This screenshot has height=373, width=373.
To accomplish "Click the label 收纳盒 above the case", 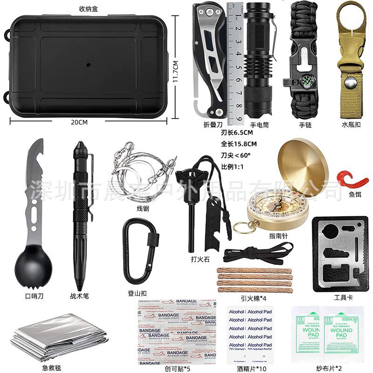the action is [88, 8].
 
